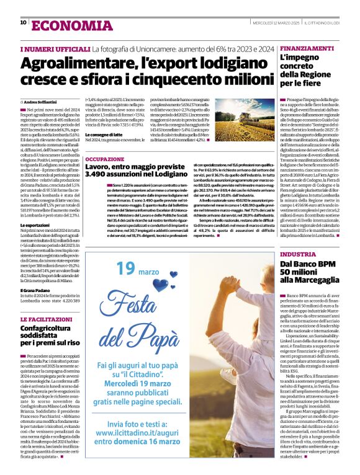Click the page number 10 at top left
pos(24,22)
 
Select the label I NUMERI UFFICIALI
pos(55,48)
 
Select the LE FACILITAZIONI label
pos(47,317)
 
